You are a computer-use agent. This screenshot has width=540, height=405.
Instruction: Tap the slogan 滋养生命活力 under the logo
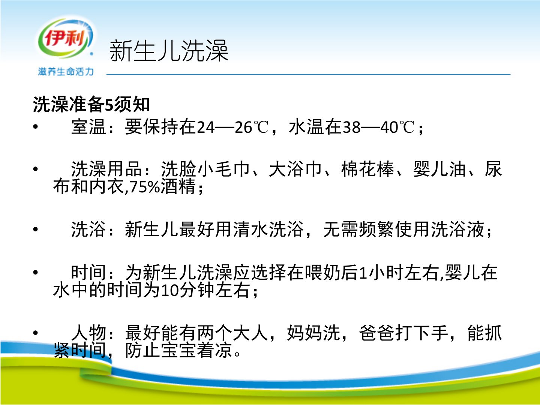66,72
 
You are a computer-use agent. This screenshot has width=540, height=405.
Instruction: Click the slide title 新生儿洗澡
169,51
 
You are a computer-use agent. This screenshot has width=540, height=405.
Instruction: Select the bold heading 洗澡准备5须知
91,104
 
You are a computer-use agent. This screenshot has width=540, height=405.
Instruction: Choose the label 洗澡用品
106,169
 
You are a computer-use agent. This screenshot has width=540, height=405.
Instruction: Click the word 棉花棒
367,169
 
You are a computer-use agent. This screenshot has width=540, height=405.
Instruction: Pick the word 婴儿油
439,169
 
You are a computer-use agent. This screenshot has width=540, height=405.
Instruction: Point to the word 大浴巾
295,169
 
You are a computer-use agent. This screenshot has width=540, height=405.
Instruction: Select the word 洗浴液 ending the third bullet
457,229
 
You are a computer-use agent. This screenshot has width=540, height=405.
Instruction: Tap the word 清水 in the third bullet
251,229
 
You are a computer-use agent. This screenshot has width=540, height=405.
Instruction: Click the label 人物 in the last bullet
88,333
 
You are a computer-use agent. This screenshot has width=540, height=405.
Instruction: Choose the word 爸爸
376,333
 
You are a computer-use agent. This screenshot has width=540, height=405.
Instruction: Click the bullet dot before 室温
36,127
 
